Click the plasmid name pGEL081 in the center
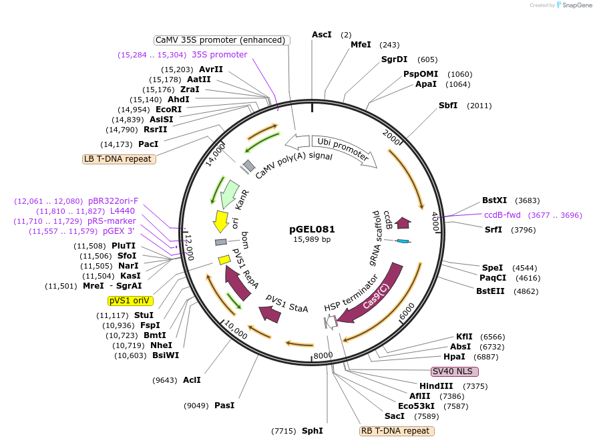[312, 229]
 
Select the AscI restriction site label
[321, 34]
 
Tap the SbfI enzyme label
[448, 106]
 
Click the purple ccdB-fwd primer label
[504, 215]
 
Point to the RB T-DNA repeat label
[395, 431]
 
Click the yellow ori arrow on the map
[220, 221]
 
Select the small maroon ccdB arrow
[403, 222]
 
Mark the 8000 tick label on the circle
[323, 355]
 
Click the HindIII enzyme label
[436, 386]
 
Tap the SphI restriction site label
[313, 431]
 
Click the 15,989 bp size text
[312, 239]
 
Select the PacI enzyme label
[148, 144]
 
